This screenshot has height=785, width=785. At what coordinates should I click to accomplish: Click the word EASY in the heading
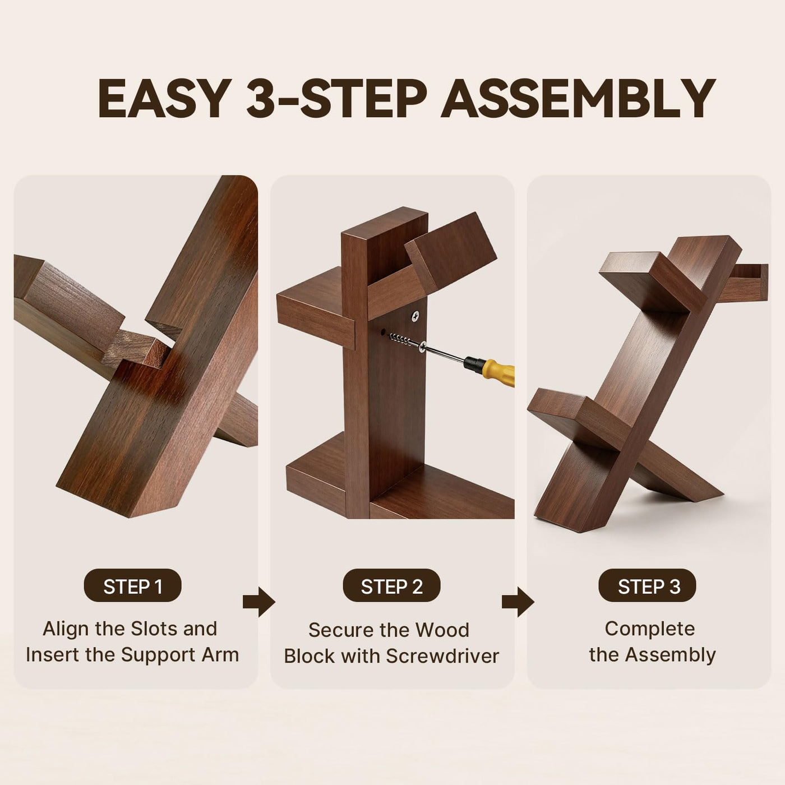[x=165, y=98]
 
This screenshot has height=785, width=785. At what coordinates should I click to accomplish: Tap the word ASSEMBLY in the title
[x=579, y=98]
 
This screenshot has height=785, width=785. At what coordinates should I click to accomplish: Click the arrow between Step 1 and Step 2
[x=258, y=602]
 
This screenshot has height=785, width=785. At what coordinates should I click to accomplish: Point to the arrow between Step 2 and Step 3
[x=518, y=602]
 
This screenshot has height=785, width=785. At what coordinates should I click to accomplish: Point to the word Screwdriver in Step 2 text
[x=443, y=656]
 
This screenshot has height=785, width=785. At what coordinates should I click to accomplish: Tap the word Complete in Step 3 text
[x=650, y=629]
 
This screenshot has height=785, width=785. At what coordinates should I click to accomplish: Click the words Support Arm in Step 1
[x=180, y=655]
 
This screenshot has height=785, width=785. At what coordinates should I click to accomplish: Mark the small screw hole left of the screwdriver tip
[x=383, y=333]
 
